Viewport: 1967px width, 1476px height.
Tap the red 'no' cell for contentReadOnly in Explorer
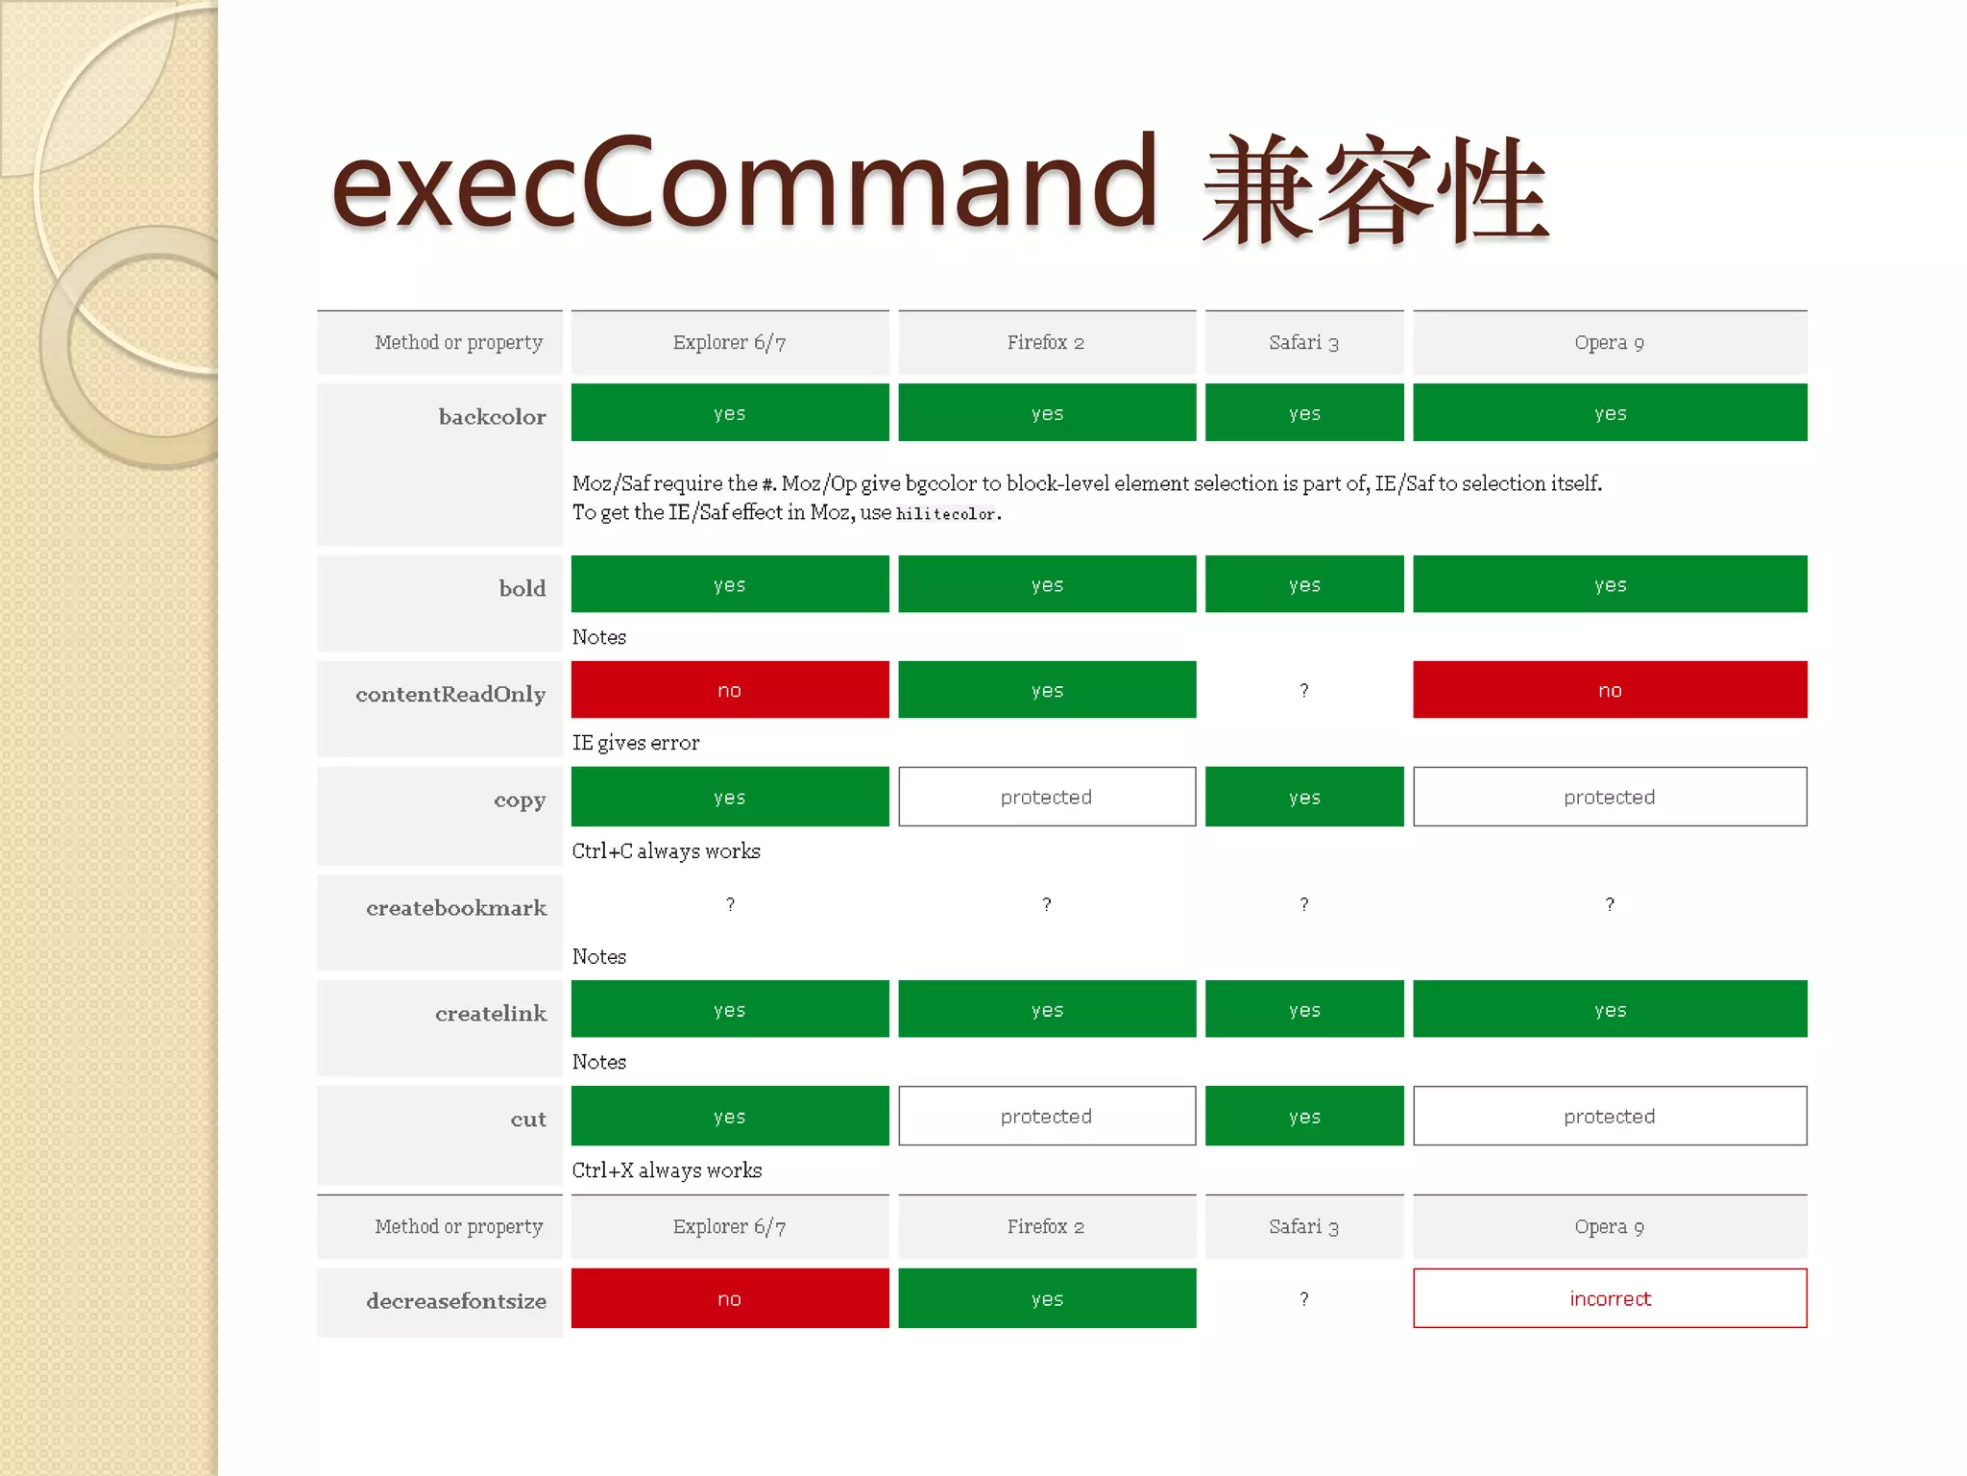729,690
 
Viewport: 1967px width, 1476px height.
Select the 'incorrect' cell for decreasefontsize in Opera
1610,1298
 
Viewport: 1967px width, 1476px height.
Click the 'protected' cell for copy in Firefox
1046,797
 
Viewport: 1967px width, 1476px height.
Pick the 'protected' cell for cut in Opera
1610,1116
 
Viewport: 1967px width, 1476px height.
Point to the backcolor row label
492,416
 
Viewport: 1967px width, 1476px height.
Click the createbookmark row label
456,908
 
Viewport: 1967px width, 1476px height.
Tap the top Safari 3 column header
1303,342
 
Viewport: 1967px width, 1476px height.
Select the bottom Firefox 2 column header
1046,1226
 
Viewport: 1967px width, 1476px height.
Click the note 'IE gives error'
636,743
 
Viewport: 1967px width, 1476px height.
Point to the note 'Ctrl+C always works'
666,851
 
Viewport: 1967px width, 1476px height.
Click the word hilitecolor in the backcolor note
945,514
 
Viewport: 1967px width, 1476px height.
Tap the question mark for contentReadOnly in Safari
1303,690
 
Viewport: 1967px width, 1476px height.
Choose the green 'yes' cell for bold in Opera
1610,584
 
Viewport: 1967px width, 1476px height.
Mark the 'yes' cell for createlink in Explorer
729,1009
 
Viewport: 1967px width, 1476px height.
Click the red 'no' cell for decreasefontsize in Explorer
729,1298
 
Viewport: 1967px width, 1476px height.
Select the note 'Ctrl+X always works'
667,1170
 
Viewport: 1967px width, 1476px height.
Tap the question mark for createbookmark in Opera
1610,904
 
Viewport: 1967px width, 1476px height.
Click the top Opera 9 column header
1610,342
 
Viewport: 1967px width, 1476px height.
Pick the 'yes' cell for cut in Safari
1303,1116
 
